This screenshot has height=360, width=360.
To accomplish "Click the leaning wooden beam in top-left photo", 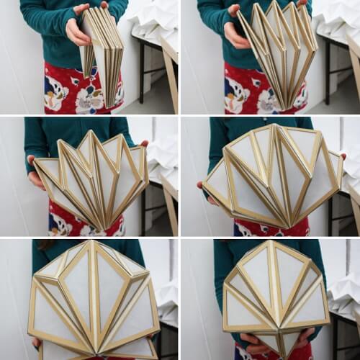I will coord(170,79).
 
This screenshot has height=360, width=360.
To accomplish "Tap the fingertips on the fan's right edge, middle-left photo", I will coord(144,144).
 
